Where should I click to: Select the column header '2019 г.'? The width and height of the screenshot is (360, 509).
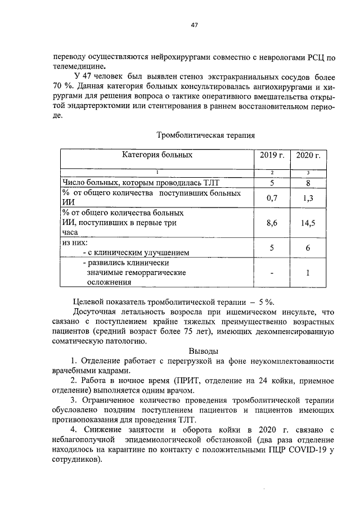[x=272, y=155]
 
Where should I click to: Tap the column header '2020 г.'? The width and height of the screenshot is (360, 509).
[x=308, y=155]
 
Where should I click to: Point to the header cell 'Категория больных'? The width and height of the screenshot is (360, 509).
[x=157, y=155]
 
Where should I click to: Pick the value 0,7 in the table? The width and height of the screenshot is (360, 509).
[x=272, y=198]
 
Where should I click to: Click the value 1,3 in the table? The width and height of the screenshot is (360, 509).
[x=308, y=198]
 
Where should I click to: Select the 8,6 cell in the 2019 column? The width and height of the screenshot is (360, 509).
[x=272, y=223]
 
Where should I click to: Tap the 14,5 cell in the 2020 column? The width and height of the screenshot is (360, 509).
[x=308, y=223]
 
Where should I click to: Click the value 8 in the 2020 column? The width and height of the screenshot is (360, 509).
[x=308, y=182]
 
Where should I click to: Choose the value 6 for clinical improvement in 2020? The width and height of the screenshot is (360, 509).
[x=308, y=247]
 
